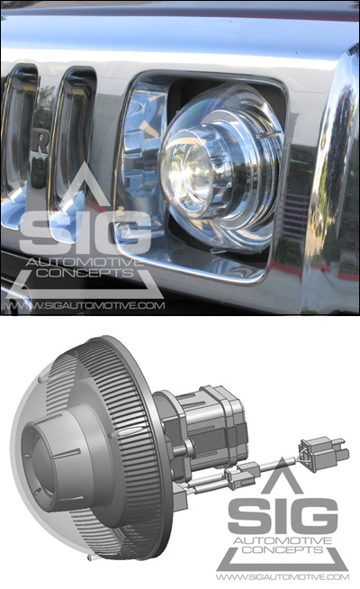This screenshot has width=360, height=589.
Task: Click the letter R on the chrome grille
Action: [41, 143]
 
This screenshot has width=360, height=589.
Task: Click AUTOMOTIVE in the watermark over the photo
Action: [85, 261]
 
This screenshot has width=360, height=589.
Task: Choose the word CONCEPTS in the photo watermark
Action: [85, 273]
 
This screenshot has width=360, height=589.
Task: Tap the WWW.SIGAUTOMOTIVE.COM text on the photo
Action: [85, 305]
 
